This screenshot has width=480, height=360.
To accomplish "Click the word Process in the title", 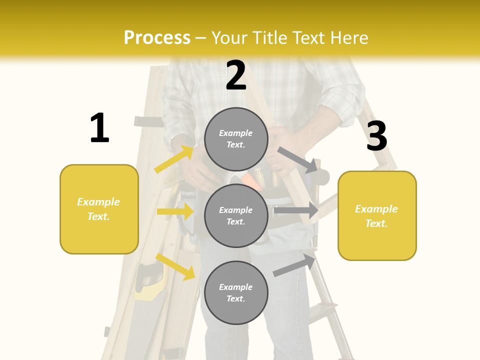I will (157, 38).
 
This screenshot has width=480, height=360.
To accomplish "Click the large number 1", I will (99, 128).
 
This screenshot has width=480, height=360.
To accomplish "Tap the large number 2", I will (236, 75).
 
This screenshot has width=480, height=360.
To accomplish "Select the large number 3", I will (376, 136).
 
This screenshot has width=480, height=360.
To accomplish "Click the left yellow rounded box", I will (99, 209).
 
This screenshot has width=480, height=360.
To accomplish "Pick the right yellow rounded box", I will (377, 216).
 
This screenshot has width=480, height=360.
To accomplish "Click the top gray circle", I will (236, 139).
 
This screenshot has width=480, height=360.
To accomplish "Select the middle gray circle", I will (236, 216).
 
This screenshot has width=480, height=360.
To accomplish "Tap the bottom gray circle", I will (236, 292).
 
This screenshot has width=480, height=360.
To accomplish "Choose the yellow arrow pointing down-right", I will (175, 266).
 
